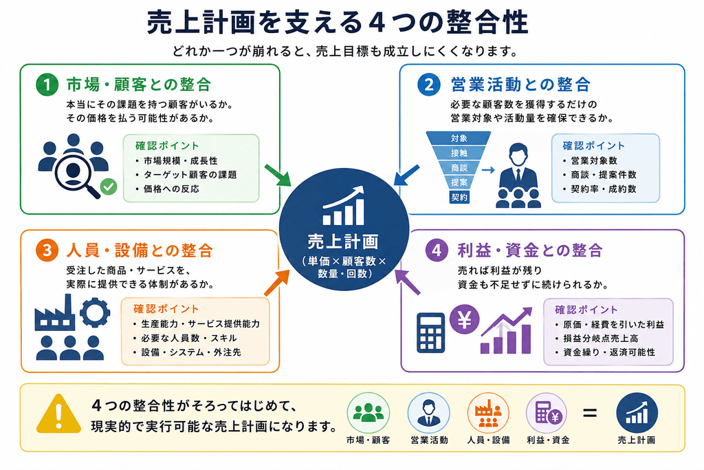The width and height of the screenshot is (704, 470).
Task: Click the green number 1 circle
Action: (x=47, y=85)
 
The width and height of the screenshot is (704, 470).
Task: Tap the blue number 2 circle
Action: (x=429, y=85)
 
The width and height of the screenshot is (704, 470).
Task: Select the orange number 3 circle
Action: (x=47, y=250)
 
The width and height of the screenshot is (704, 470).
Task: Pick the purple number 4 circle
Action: (x=437, y=250)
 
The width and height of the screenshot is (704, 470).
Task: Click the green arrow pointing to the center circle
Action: (x=278, y=175)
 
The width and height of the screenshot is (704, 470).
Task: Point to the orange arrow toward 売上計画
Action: (x=277, y=282)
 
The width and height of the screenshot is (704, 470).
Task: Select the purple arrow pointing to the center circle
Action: (x=408, y=281)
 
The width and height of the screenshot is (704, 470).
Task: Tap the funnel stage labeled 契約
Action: (x=459, y=197)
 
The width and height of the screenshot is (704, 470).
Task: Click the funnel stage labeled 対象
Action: (x=459, y=138)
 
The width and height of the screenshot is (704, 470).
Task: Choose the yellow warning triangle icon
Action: (x=58, y=414)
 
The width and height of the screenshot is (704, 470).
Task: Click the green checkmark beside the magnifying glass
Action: (x=108, y=186)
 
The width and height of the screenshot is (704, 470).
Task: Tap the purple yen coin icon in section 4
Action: (x=464, y=319)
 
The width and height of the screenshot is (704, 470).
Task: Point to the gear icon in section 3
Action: (x=95, y=312)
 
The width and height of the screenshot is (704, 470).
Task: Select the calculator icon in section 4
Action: (x=430, y=332)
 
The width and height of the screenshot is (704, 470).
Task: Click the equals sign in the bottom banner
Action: (x=590, y=412)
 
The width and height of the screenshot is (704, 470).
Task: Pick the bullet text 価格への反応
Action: (x=171, y=189)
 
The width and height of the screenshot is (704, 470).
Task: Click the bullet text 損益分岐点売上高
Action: (x=601, y=339)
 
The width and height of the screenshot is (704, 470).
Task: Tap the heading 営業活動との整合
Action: (x=521, y=85)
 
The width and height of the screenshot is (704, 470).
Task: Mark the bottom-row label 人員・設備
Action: (x=489, y=440)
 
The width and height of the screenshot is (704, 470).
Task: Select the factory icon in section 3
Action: (x=54, y=312)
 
